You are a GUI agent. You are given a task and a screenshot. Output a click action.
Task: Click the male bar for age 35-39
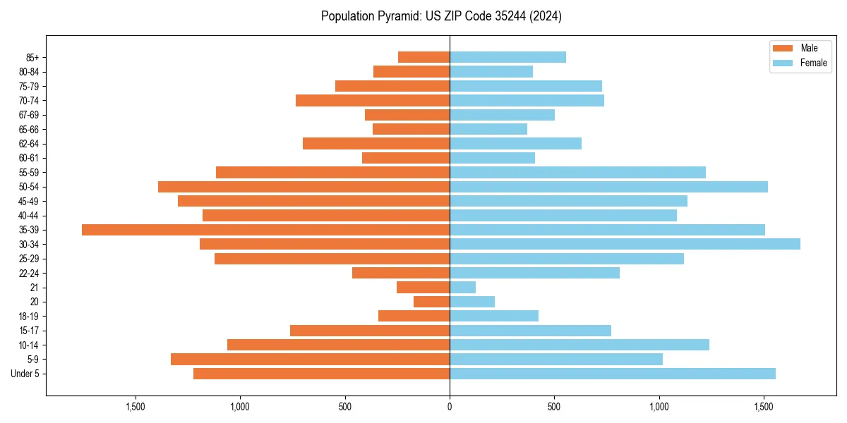pyautogui.click(x=265, y=230)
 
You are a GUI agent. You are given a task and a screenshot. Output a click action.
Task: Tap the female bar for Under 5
pyautogui.click(x=612, y=374)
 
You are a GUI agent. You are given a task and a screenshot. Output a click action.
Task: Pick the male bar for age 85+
pyautogui.click(x=423, y=57)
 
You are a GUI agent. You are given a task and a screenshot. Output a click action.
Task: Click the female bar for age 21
pyautogui.click(x=462, y=288)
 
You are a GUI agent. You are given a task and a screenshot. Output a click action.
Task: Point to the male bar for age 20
pyautogui.click(x=431, y=302)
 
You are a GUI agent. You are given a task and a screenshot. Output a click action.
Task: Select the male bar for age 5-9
pyautogui.click(x=310, y=360)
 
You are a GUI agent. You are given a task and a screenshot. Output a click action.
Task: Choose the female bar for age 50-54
pyautogui.click(x=608, y=187)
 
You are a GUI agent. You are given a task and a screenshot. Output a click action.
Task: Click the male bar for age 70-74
pyautogui.click(x=372, y=101)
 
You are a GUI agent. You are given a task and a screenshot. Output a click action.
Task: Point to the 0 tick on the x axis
pyautogui.click(x=450, y=407)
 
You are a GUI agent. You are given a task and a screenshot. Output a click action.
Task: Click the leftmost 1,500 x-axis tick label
pyautogui.click(x=136, y=407)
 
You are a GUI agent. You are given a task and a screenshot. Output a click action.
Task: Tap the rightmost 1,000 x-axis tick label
pyautogui.click(x=659, y=407)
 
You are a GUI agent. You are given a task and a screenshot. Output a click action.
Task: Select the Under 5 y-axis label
pyautogui.click(x=25, y=374)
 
